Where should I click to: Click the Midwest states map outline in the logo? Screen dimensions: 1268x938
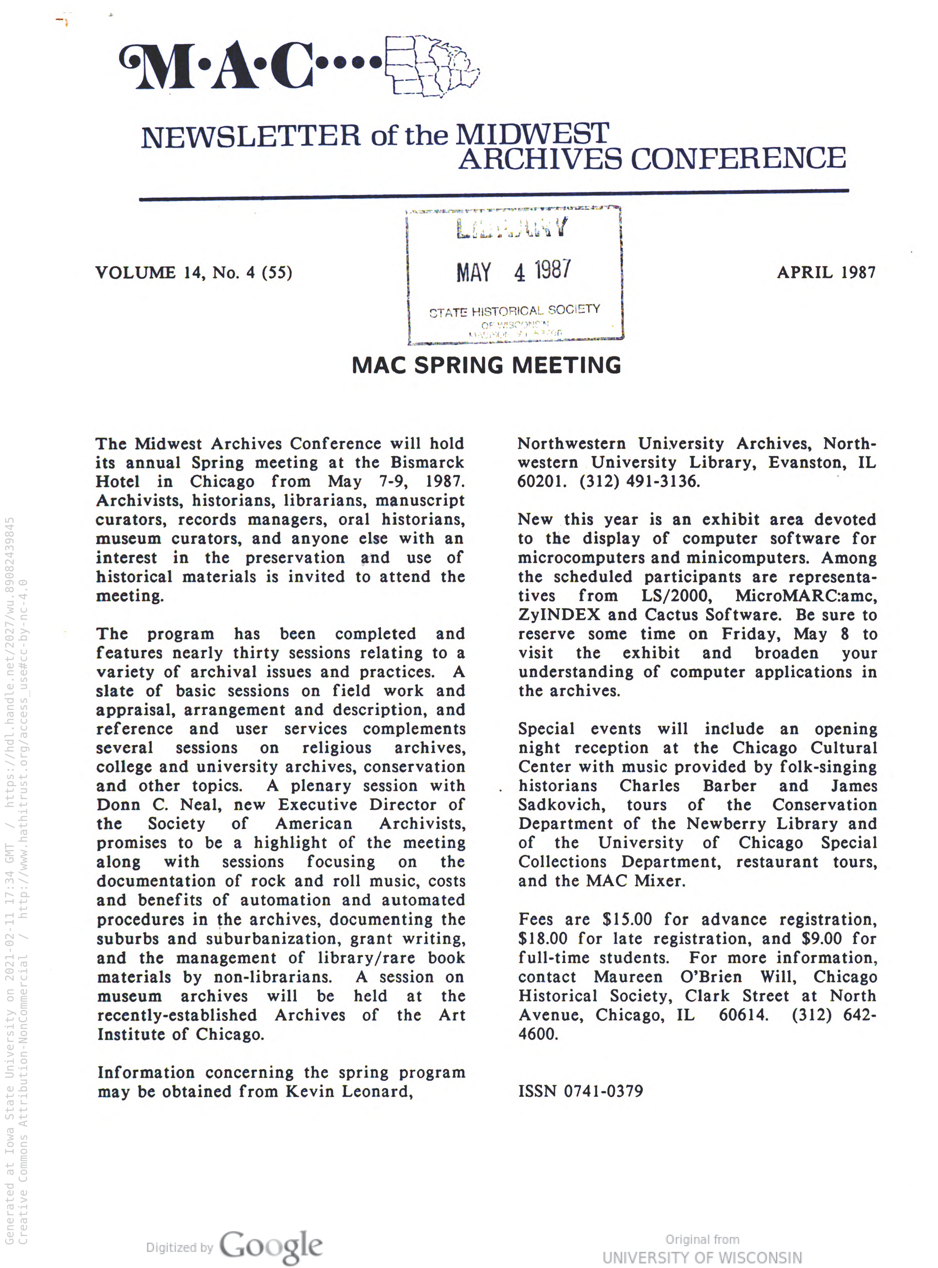(432, 65)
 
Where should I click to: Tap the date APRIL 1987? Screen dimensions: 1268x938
(826, 273)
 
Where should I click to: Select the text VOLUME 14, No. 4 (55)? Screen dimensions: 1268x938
(194, 273)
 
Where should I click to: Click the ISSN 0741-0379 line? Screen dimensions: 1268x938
(580, 1091)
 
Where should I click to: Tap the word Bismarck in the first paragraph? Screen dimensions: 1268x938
(427, 462)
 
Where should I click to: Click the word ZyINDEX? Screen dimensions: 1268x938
(559, 615)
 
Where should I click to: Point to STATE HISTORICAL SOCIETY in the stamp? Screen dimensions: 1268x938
(514, 311)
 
